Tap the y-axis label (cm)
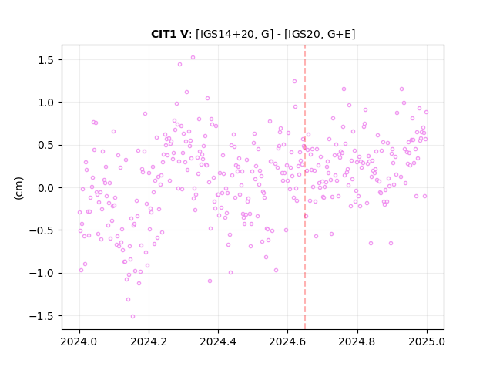18,188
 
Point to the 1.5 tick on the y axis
47,60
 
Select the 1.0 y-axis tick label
47,103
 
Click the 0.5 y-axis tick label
47,146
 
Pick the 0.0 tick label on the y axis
47,188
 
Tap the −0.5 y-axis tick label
43,230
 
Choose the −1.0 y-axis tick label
43,273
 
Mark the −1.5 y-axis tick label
43,316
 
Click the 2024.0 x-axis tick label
79,341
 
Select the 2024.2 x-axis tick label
149,341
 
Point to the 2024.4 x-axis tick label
218,341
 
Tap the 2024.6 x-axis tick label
287,341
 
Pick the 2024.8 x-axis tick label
357,341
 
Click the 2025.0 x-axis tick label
427,341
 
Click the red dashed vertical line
305,187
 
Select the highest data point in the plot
193,58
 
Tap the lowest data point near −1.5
132,316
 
